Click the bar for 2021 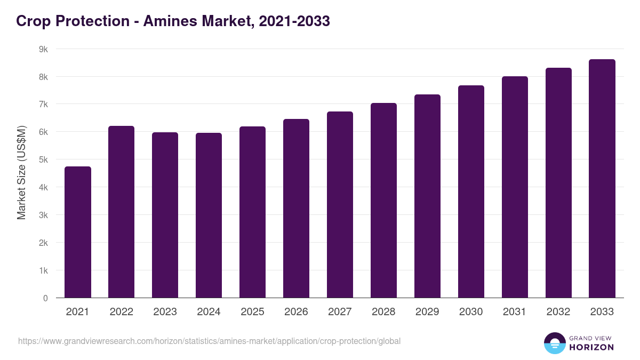78,232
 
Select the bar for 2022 122,212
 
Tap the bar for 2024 209,215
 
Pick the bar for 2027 340,204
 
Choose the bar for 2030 471,191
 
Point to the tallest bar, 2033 602,179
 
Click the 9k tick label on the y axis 43,49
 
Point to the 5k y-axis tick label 43,159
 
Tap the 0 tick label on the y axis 45,298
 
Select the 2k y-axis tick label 43,243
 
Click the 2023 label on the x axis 165,312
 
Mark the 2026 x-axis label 296,312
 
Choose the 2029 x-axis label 427,312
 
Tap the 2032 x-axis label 558,312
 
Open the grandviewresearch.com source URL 209,341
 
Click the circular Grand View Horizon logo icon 554,343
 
